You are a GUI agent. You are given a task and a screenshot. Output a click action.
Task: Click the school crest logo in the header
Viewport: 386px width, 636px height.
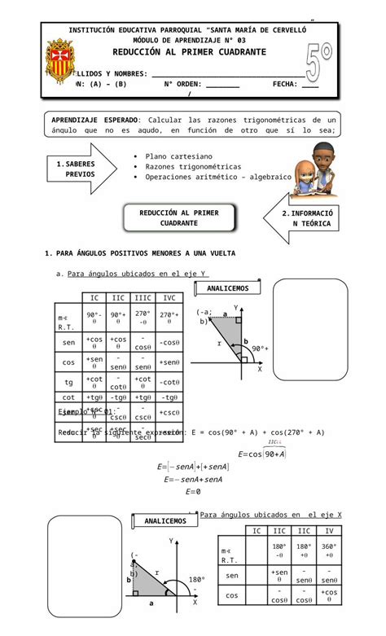[61, 63]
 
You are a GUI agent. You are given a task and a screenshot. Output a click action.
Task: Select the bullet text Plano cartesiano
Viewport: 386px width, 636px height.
[179, 156]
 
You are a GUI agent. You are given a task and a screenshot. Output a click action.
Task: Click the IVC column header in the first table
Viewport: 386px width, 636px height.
[169, 298]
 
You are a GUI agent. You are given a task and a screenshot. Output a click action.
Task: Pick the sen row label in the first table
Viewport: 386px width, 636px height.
[68, 342]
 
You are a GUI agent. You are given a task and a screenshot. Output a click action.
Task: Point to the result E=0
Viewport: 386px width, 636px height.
[193, 492]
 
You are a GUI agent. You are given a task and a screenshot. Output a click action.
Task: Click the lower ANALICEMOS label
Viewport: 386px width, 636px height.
[164, 520]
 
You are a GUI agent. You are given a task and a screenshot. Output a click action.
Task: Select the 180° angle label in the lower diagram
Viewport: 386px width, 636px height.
[197, 580]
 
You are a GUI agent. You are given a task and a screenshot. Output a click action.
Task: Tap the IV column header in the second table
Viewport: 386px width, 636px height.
[331, 531]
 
